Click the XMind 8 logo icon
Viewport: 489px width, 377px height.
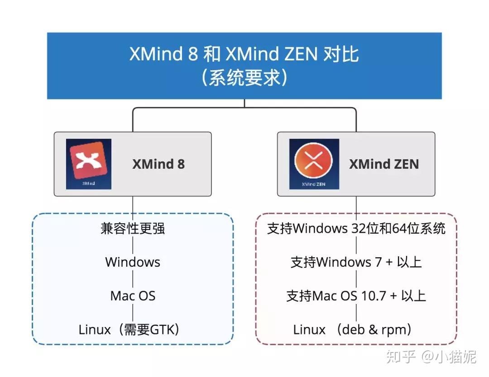(89, 164)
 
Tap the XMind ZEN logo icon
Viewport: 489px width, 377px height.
(314, 164)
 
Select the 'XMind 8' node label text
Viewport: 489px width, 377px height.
(158, 164)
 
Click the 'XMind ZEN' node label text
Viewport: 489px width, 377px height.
(384, 164)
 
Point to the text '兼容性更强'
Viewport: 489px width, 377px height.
(133, 228)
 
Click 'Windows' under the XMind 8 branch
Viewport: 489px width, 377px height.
(133, 262)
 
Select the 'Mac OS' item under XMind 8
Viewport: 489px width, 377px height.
(133, 296)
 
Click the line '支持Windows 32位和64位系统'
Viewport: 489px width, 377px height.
(356, 228)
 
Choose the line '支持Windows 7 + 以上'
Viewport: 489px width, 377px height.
(356, 262)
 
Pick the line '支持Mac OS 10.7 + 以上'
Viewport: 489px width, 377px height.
(356, 296)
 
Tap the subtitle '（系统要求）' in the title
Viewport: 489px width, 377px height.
(244, 78)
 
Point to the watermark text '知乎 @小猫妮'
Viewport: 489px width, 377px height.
(431, 357)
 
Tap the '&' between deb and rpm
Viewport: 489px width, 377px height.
(373, 330)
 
